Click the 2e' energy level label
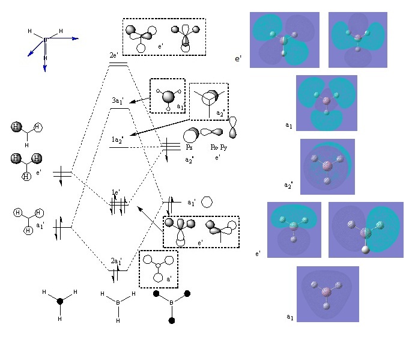tap(113, 55)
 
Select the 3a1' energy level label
tap(117, 100)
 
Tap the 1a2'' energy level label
tap(118, 139)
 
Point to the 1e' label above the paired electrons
tap(117, 192)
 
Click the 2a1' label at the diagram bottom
tap(117, 262)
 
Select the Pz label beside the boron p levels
tap(189, 147)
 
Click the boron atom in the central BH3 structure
tap(118, 303)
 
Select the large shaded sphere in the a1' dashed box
tap(168, 96)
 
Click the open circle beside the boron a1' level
tap(206, 201)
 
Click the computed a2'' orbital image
tap(327, 166)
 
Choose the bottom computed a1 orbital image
tap(327, 294)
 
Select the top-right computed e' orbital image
tap(357, 39)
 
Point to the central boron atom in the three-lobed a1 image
tap(326, 102)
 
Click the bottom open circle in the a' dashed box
tap(159, 278)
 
